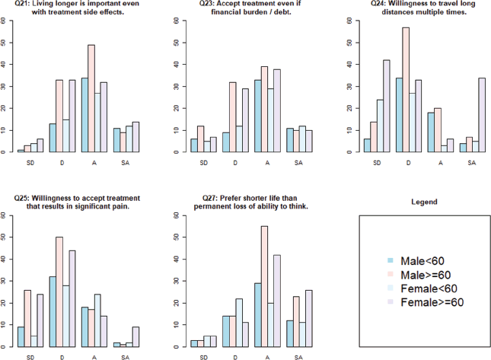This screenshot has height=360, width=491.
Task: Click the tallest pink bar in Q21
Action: pyautogui.click(x=91, y=98)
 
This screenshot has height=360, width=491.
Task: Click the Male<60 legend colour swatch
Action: pyautogui.click(x=390, y=260)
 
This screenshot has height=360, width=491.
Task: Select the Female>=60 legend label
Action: pyautogui.click(x=431, y=302)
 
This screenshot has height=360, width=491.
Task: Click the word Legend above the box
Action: pyautogui.click(x=423, y=202)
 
